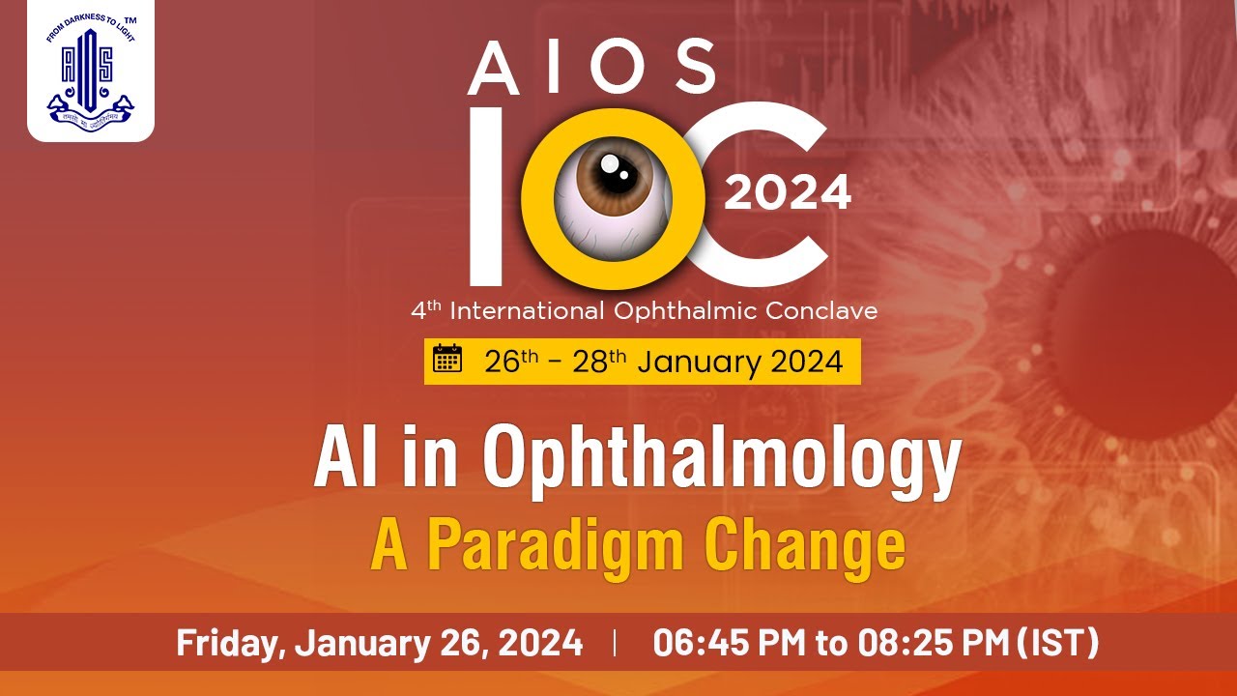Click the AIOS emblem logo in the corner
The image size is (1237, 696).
pyautogui.click(x=90, y=71)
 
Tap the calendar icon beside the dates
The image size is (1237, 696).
pyautogui.click(x=447, y=359)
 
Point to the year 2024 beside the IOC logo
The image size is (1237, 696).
pyautogui.click(x=788, y=192)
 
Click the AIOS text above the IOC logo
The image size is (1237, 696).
pyautogui.click(x=591, y=69)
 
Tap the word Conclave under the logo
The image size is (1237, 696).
pyautogui.click(x=820, y=311)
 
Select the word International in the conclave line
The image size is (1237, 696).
pyautogui.click(x=529, y=311)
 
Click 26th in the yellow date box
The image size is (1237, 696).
pyautogui.click(x=511, y=362)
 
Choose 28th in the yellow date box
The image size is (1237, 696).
pyautogui.click(x=599, y=362)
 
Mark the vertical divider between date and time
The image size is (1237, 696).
pyautogui.click(x=616, y=643)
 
